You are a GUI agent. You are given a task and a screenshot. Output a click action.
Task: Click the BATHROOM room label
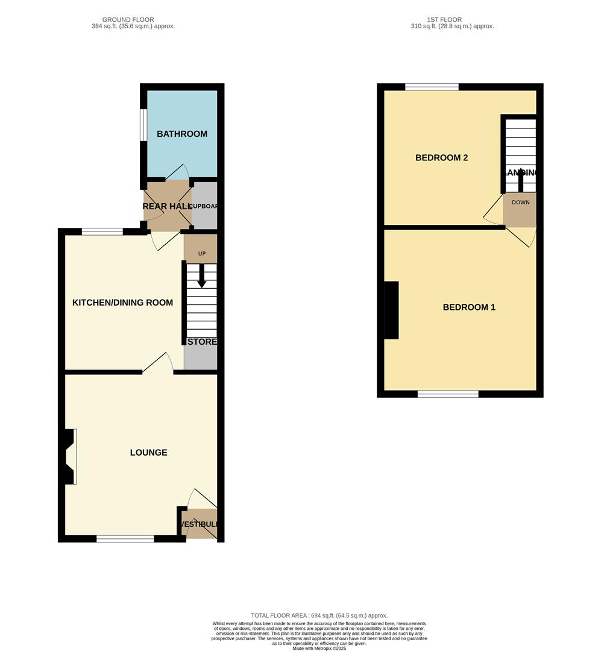tap(182, 134)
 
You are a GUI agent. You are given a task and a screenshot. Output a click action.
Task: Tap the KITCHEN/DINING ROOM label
tap(122, 303)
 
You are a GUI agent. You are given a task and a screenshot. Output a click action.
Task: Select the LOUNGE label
tap(149, 453)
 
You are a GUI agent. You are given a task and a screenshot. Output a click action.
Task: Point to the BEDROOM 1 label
tap(469, 307)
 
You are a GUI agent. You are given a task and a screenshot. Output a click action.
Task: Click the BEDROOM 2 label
tap(441, 158)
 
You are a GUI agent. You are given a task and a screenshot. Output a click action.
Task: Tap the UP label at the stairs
tap(201, 254)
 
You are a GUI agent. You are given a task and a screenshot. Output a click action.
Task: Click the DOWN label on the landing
tap(520, 203)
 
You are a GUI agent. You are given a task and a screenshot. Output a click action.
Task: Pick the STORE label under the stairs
tap(201, 342)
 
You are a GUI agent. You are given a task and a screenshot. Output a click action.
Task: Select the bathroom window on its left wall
tap(143, 125)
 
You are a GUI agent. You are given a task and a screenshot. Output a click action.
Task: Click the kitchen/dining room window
tap(102, 231)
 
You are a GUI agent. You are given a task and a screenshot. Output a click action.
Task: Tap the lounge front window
tap(125, 538)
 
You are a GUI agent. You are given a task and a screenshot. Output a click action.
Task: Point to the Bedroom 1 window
tap(448, 394)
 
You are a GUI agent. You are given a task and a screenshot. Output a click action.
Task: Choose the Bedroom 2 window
tap(432, 87)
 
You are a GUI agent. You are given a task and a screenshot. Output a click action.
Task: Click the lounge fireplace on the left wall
tap(69, 456)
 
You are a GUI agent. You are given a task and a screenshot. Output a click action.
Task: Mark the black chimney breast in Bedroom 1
tap(391, 310)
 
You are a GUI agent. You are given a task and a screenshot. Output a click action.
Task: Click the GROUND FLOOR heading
tap(128, 20)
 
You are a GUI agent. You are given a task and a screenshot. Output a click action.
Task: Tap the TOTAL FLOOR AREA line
tap(319, 615)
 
